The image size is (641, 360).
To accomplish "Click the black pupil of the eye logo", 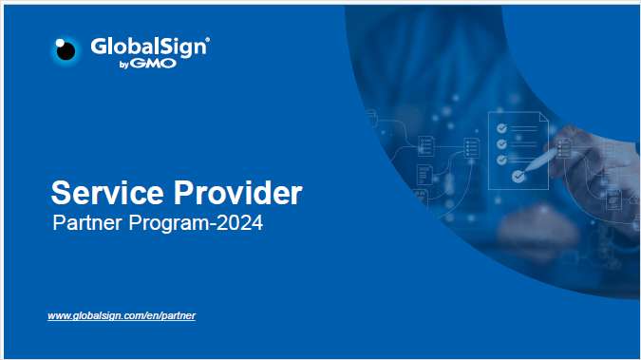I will click(66, 51).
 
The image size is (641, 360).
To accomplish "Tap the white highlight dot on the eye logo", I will click(62, 44).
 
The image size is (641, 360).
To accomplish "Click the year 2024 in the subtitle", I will click(238, 225).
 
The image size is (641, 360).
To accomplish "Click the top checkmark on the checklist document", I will click(500, 129).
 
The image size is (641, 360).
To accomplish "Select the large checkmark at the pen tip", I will click(518, 176).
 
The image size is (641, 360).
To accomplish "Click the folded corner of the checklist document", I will click(542, 119).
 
